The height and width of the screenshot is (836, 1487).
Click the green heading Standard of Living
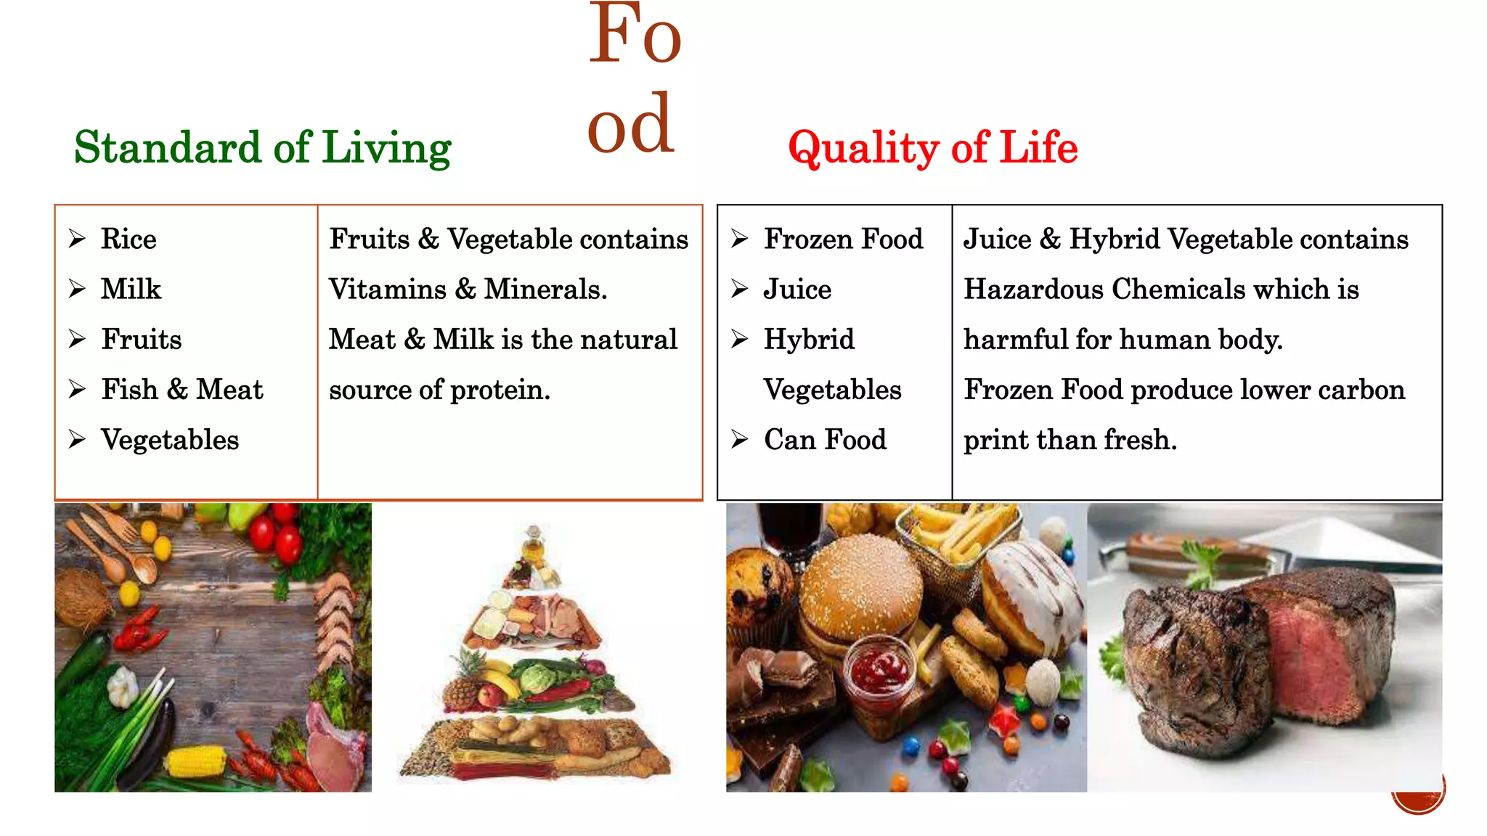pos(262,148)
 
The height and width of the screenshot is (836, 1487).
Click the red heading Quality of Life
pos(932,148)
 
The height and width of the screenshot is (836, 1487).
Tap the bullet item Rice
pos(129,239)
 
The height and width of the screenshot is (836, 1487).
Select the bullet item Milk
pos(131,289)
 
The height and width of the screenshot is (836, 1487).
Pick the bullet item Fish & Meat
pos(182,390)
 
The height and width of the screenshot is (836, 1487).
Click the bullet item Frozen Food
pos(842,239)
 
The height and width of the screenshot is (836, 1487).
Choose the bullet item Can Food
pos(825,440)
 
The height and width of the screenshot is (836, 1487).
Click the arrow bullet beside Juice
pos(739,289)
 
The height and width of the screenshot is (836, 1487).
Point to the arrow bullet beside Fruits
pos(77,339)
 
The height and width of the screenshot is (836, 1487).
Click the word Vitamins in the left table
pos(388,289)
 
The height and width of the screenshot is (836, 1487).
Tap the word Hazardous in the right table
pos(1033,289)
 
